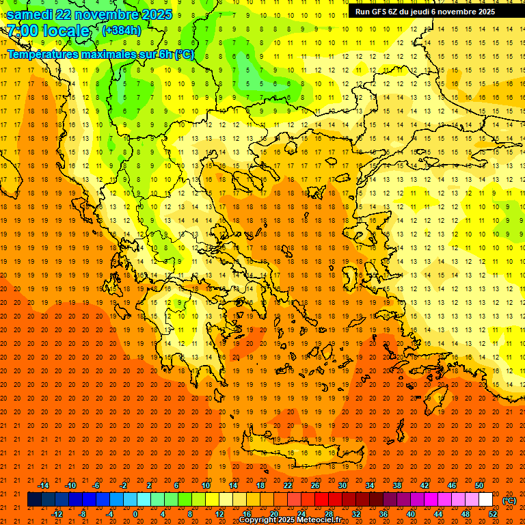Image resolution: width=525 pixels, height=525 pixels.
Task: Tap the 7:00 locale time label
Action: (x=48, y=31)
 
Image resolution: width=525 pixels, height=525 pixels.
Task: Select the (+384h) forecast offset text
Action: (x=121, y=30)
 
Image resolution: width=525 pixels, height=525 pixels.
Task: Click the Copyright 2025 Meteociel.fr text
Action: (x=290, y=520)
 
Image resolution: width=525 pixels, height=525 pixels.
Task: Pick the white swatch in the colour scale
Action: (x=486, y=500)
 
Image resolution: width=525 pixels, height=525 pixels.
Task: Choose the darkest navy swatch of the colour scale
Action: (x=34, y=500)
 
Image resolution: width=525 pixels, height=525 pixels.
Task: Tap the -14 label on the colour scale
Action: (x=42, y=485)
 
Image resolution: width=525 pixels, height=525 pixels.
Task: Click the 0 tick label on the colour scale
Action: (x=135, y=514)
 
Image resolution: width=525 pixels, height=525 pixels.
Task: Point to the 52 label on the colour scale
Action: (x=493, y=514)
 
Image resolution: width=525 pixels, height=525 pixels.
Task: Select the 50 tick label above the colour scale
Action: (x=479, y=485)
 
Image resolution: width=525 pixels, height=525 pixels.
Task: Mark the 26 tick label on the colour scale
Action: (x=315, y=485)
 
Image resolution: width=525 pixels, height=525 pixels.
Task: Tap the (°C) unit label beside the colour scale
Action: (x=509, y=500)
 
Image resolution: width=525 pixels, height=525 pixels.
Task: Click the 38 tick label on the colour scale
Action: (x=397, y=485)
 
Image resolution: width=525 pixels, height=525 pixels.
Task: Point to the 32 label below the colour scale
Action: (x=356, y=514)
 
